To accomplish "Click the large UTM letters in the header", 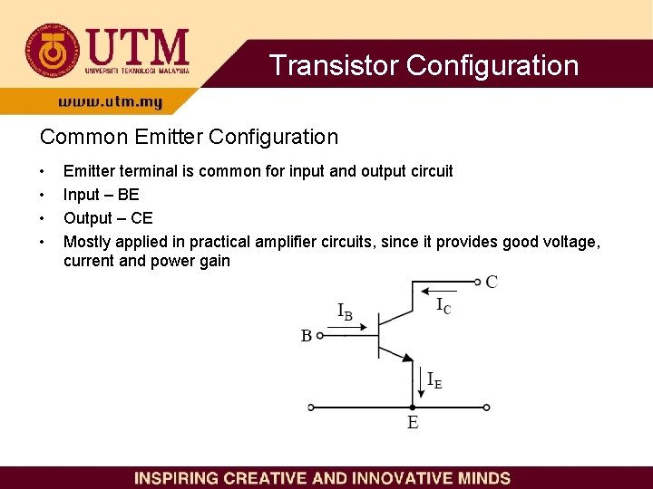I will [x=137, y=45].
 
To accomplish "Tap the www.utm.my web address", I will [x=111, y=102].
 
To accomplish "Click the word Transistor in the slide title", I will [x=335, y=65].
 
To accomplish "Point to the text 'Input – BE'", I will [x=101, y=195].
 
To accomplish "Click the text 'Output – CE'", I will [x=108, y=218].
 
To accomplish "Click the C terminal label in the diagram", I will [x=492, y=282].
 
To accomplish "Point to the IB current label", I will [x=345, y=312].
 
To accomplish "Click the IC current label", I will [x=443, y=306].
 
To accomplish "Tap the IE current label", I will [x=434, y=381].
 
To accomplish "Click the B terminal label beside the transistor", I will [x=307, y=336].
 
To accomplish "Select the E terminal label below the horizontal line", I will [x=413, y=423].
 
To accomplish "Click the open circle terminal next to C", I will [x=478, y=282].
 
